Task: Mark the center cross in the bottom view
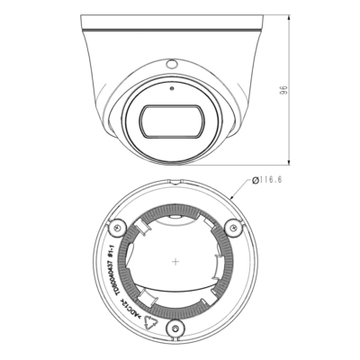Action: coord(173,262)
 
